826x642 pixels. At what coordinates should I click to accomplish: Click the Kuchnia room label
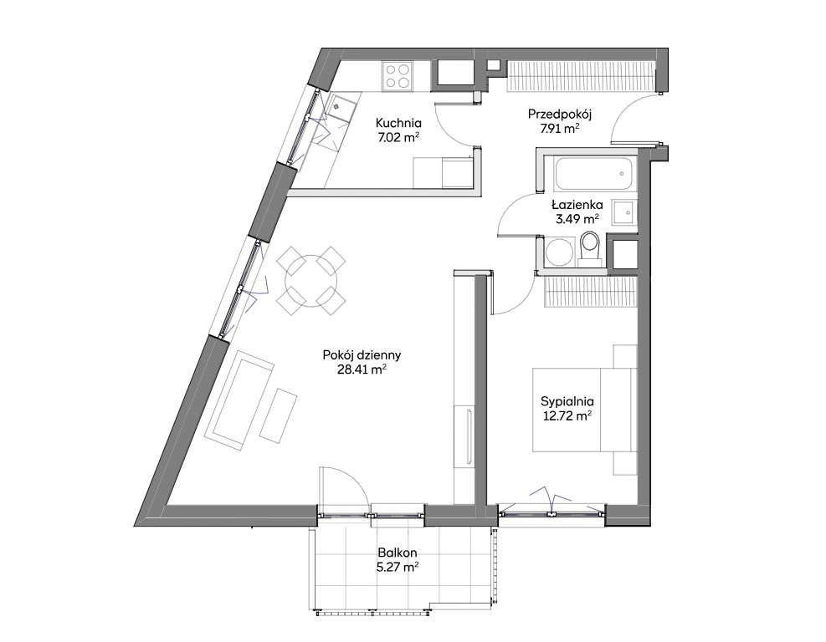tap(398, 123)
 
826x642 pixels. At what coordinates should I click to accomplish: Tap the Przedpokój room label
tap(559, 115)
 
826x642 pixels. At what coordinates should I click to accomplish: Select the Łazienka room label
tap(577, 205)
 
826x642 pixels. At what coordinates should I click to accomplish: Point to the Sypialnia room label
tap(567, 401)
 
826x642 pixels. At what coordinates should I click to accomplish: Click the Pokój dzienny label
tap(362, 355)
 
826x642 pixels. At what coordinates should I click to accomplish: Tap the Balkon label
tap(398, 553)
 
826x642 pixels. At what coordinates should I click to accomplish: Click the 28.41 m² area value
tap(362, 369)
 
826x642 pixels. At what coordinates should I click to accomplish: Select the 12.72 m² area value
tap(567, 416)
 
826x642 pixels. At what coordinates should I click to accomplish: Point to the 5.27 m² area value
tap(398, 567)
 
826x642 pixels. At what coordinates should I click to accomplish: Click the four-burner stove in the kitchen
tap(397, 75)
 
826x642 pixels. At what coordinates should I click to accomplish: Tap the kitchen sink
tap(337, 106)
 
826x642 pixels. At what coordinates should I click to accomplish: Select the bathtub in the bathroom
tap(593, 174)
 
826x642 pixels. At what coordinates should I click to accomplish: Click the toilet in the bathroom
tap(588, 247)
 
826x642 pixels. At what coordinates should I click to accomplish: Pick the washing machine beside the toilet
tap(559, 252)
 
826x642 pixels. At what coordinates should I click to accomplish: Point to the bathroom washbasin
tap(625, 212)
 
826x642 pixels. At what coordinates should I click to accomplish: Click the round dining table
tap(310, 281)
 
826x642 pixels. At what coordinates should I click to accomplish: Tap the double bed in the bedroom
tap(584, 410)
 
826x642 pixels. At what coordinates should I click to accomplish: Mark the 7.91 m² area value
tap(560, 129)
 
